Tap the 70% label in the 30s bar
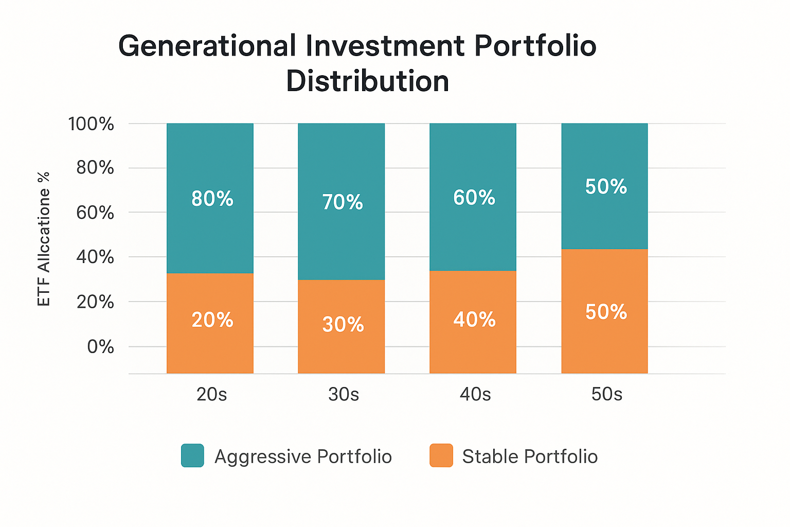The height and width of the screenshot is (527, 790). pyautogui.click(x=343, y=202)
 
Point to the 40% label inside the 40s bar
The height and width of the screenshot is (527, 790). pyautogui.click(x=474, y=320)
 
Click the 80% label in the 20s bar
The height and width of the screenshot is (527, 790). pyautogui.click(x=212, y=199)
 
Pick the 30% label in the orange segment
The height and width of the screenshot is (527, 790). pyautogui.click(x=343, y=324)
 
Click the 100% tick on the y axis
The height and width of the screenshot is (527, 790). pyautogui.click(x=91, y=124)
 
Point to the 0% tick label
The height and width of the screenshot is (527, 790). pyautogui.click(x=100, y=346)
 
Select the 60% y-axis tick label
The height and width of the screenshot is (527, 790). pyautogui.click(x=95, y=212)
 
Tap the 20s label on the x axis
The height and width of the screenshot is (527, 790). pyautogui.click(x=211, y=394)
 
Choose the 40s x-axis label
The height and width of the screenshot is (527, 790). pyautogui.click(x=475, y=394)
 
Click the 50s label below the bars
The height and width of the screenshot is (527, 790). pyautogui.click(x=606, y=394)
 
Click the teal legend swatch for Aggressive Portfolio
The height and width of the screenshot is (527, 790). pyautogui.click(x=192, y=455)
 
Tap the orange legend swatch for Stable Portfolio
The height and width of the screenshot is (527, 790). pyautogui.click(x=441, y=455)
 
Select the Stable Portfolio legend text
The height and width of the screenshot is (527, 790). pyautogui.click(x=530, y=456)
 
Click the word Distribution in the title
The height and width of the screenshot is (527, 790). pyautogui.click(x=368, y=81)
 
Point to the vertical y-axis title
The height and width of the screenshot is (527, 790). pyautogui.click(x=44, y=239)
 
